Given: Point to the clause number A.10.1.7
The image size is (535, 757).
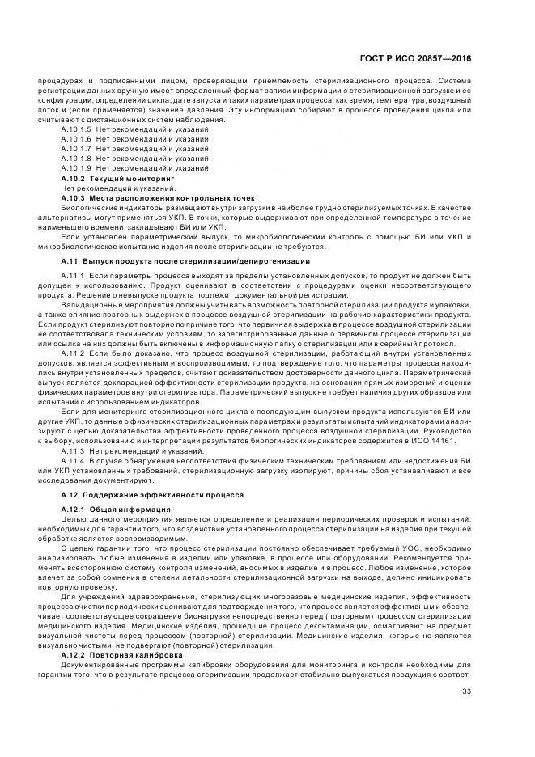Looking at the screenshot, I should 76,149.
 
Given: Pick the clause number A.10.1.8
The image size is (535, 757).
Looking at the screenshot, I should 76,159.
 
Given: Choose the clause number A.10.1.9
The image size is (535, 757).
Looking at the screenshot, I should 76,167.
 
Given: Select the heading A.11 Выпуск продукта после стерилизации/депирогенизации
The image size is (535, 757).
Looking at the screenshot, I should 185,262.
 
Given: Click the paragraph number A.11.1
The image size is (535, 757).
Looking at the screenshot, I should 73,277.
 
